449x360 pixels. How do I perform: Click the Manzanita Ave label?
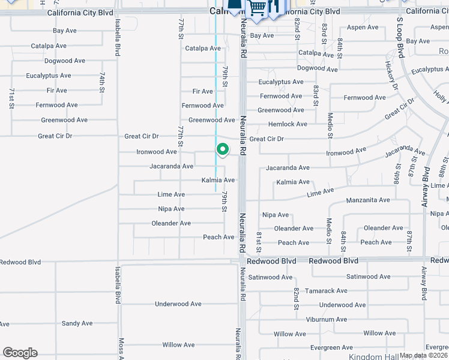click(368, 200)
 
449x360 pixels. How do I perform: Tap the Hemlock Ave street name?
click(289, 124)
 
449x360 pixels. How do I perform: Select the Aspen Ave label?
click(363, 28)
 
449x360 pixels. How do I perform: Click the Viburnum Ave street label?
click(326, 319)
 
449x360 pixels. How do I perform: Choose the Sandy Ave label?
click(77, 323)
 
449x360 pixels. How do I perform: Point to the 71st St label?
click(11, 98)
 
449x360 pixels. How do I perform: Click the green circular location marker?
click(222, 149)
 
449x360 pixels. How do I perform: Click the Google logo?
click(20, 353)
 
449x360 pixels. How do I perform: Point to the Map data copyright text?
click(424, 355)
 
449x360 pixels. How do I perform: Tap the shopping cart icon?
click(257, 8)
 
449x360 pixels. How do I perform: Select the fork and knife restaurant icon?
click(274, 7)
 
